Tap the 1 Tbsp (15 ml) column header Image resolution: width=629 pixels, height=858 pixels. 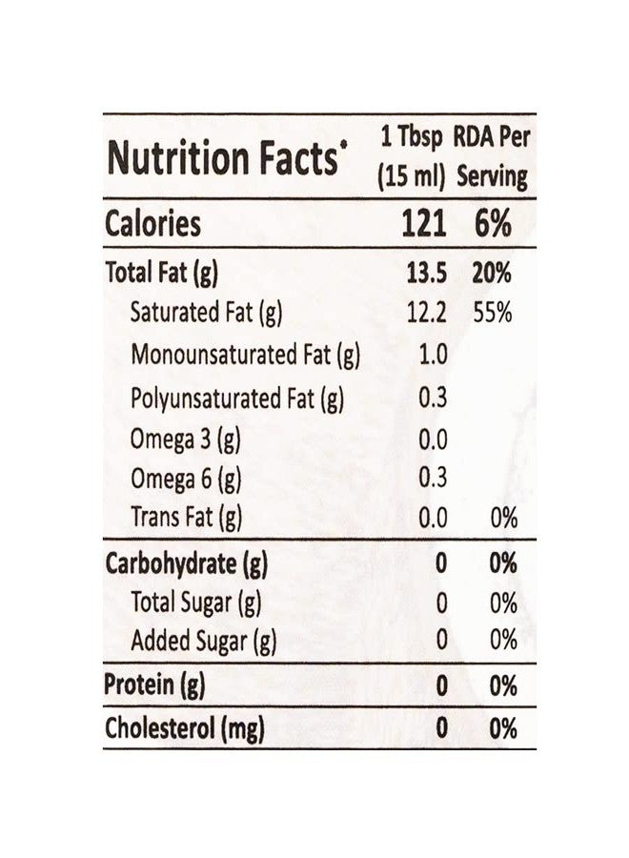tap(412, 157)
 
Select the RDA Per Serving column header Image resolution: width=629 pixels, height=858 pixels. tap(492, 157)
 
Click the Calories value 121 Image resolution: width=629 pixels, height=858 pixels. tap(423, 223)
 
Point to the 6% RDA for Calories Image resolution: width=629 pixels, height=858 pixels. tap(493, 223)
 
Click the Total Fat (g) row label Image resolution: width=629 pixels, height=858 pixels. tap(161, 273)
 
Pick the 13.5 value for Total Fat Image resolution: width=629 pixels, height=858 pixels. tap(426, 273)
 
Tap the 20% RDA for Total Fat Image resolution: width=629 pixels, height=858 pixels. tap(492, 273)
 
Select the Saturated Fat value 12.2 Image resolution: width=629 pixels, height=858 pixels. tap(427, 313)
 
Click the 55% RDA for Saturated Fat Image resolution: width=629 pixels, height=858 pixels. tap(493, 313)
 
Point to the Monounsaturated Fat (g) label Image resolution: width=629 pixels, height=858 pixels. tap(245, 356)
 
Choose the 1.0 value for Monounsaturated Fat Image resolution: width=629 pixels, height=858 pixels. tap(434, 355)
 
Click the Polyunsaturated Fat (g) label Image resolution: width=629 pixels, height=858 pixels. tap(237, 398)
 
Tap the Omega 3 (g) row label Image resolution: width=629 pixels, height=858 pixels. tap(186, 439)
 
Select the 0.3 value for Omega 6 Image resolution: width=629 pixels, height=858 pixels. tap(434, 478)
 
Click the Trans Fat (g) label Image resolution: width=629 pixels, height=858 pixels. tap(186, 518)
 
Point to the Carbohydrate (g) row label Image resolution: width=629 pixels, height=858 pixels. tap(186, 564)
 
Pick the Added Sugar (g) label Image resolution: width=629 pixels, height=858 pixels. tap(203, 642)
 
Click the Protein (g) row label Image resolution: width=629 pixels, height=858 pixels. tap(154, 685)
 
